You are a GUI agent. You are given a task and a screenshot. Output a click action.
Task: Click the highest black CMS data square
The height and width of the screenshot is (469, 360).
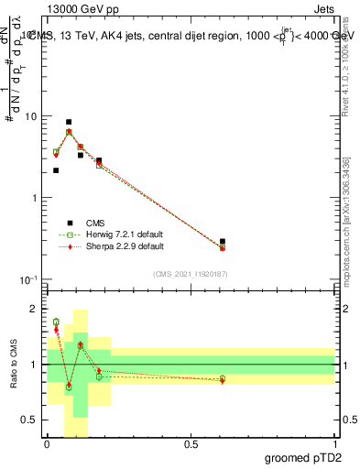click(x=69, y=122)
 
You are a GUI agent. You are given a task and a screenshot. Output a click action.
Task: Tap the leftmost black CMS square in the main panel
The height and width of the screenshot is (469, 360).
click(x=56, y=170)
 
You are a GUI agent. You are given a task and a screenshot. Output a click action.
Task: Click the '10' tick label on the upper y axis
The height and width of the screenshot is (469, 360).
click(x=30, y=117)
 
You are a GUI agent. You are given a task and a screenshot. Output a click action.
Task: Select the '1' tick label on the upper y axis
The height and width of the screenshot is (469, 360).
click(x=34, y=198)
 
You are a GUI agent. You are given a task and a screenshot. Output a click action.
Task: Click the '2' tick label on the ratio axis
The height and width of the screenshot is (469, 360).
click(x=34, y=310)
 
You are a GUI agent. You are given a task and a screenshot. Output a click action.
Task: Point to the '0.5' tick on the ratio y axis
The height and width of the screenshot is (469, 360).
click(x=29, y=420)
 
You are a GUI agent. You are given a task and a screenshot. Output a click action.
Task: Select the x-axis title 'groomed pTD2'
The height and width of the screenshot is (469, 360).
click(x=304, y=459)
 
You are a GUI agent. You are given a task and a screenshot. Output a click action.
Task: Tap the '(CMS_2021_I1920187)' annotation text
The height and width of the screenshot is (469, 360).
click(x=191, y=273)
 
